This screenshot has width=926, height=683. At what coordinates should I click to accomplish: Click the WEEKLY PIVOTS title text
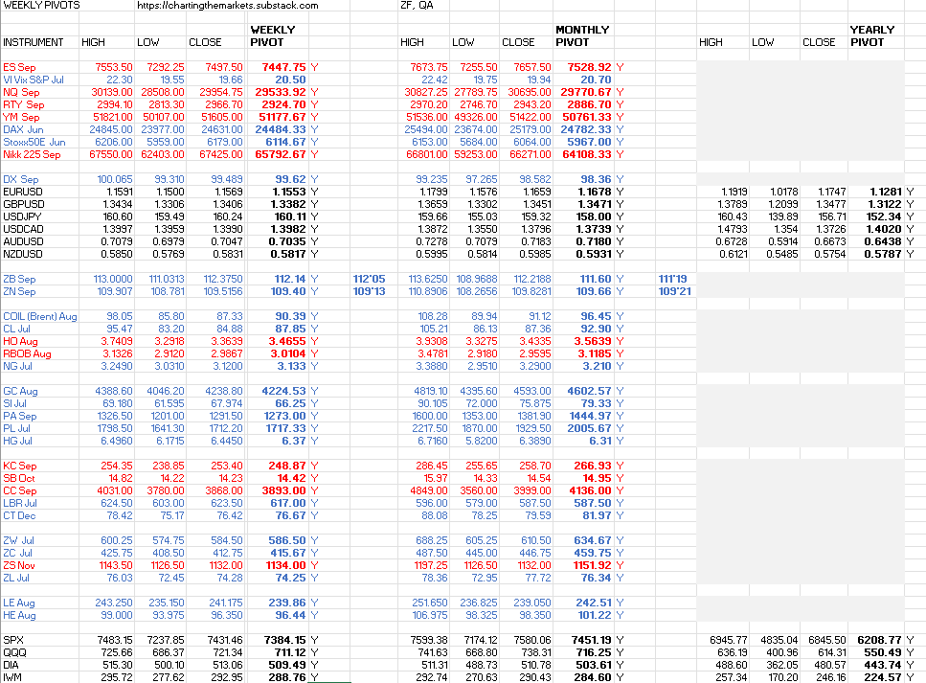click(x=41, y=6)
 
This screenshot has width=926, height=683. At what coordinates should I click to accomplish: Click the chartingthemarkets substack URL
click(x=228, y=6)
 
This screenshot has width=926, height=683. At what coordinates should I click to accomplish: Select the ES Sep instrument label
click(x=19, y=67)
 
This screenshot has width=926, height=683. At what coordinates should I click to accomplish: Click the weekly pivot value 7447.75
click(x=284, y=67)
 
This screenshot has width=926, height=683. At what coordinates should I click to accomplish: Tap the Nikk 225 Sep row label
click(x=32, y=154)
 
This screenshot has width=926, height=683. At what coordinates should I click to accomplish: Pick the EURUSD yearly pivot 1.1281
click(x=886, y=192)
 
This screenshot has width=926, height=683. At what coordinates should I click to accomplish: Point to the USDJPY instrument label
click(x=23, y=216)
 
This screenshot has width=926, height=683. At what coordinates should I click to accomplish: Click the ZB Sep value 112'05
click(x=369, y=279)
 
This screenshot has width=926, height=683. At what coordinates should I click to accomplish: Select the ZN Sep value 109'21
click(x=675, y=291)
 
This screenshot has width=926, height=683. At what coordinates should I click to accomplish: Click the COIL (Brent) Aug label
click(x=40, y=316)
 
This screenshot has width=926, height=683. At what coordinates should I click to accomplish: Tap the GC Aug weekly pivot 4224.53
click(x=284, y=391)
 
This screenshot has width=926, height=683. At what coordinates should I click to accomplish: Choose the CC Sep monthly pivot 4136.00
click(x=590, y=490)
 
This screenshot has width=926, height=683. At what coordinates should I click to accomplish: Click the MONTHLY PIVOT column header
click(x=582, y=36)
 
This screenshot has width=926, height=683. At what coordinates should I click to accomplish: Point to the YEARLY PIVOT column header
click(x=872, y=36)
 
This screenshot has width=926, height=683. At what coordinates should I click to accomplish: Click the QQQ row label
click(x=14, y=652)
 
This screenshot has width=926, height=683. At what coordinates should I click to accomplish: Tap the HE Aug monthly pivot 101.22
click(x=594, y=615)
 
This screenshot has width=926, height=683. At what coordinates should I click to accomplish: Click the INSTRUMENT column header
click(x=34, y=42)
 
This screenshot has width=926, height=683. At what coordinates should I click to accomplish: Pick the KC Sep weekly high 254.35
click(x=116, y=466)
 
